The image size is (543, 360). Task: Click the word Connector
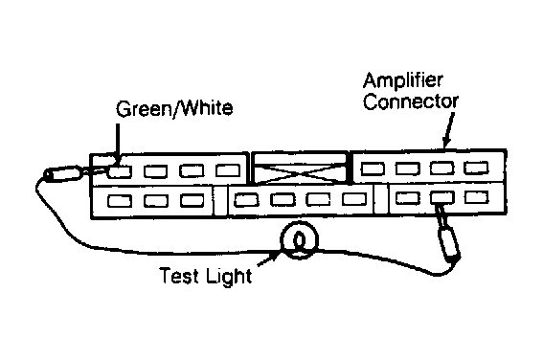click(411, 101)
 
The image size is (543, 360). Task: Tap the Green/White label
click(174, 108)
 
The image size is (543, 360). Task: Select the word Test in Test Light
click(179, 276)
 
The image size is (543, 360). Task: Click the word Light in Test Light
click(229, 277)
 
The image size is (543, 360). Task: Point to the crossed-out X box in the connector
click(300, 167)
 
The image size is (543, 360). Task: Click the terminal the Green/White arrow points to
click(120, 171)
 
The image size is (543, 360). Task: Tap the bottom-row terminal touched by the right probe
click(442, 197)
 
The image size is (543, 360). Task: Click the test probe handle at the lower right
click(449, 243)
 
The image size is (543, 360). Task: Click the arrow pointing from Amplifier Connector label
click(448, 130)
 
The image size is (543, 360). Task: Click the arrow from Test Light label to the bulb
click(269, 259)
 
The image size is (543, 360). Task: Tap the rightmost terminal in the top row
click(477, 168)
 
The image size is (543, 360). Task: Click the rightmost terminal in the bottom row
click(477, 197)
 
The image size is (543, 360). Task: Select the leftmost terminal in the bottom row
click(120, 201)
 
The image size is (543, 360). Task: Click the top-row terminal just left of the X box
click(228, 170)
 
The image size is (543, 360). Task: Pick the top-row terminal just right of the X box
click(373, 169)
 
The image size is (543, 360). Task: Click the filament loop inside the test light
click(299, 241)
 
